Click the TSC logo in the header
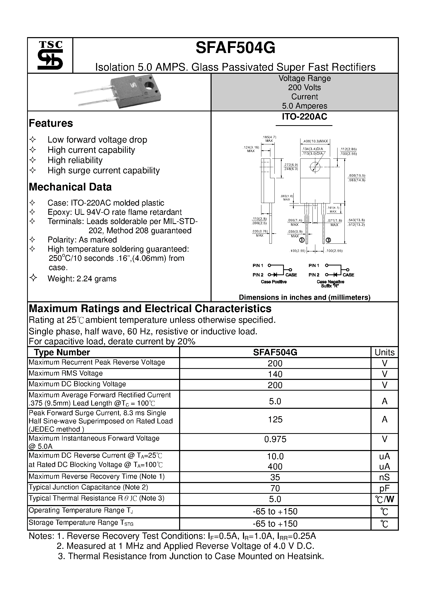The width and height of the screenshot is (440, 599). [x=50, y=56]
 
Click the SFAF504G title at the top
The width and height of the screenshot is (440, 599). [x=235, y=48]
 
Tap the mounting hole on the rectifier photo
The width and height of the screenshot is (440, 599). [x=149, y=86]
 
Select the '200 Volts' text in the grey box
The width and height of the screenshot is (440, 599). [x=304, y=88]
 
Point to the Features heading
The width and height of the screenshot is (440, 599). [x=51, y=123]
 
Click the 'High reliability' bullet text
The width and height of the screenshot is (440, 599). [x=75, y=160]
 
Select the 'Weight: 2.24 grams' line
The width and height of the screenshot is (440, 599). [x=82, y=279]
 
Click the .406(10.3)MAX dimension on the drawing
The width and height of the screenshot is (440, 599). [x=315, y=141]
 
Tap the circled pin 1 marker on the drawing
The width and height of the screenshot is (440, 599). [x=302, y=240]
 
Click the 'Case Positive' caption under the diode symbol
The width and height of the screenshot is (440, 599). [x=274, y=282]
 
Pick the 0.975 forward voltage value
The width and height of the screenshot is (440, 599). [x=275, y=439]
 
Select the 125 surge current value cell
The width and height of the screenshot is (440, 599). [x=275, y=420]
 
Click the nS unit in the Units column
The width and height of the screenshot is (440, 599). [x=384, y=477]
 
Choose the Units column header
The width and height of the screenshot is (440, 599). [x=384, y=352]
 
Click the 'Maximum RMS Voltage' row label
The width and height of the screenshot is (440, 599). [x=65, y=373]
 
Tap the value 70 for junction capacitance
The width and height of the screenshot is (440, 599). [x=275, y=488]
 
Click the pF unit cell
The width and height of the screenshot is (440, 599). [x=384, y=488]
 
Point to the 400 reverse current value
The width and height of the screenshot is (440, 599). [x=275, y=466]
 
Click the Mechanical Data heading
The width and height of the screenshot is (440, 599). [x=70, y=187]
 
